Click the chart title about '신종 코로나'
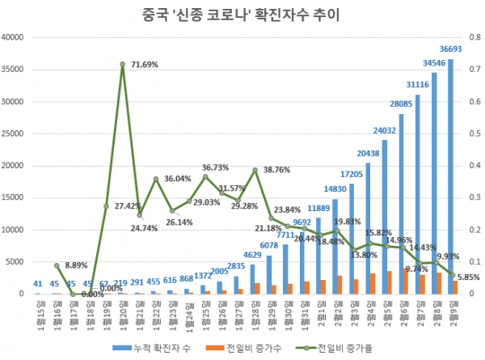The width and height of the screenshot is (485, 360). click(x=242, y=14)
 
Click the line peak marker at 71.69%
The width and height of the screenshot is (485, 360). click(x=122, y=64)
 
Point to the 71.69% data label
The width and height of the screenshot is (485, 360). click(x=149, y=63)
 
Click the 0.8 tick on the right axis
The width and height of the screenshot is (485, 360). click(x=470, y=37)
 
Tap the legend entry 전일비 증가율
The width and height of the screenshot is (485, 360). click(x=339, y=347)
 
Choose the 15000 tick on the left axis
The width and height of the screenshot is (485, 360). click(x=15, y=197)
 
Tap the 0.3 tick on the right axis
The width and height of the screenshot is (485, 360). click(x=470, y=197)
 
